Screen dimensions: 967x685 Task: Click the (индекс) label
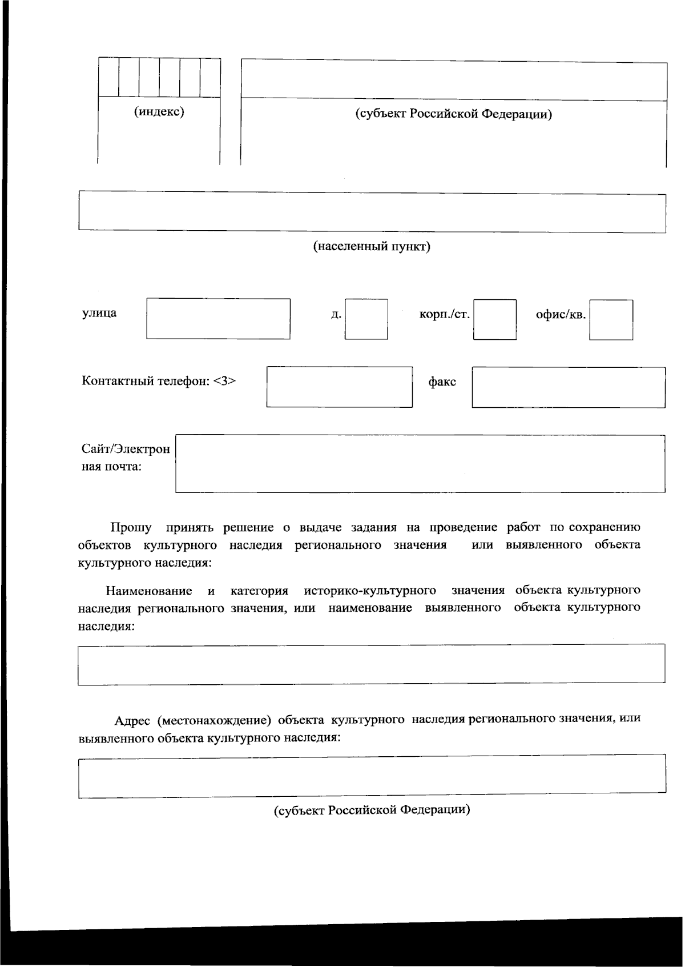point(159,111)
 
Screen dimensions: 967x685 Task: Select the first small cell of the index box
point(108,77)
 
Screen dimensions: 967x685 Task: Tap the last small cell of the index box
point(210,77)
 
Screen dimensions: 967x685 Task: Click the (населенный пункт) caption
point(372,247)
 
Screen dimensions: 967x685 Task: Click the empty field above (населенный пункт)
point(372,212)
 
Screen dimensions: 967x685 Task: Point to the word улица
point(99,312)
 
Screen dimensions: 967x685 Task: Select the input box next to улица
point(218,319)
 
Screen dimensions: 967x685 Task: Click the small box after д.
point(366,319)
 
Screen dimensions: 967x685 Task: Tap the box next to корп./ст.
point(494,319)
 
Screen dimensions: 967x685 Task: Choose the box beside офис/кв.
point(611,319)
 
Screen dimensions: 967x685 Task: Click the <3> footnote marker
point(224,381)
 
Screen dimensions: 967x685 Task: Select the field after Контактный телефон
point(339,387)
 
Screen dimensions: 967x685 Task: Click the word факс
point(442,382)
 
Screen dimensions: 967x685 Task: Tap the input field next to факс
point(568,387)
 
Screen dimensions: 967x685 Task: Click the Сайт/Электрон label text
point(126,449)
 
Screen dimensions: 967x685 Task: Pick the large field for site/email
point(420,463)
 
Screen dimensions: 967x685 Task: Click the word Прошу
point(131,527)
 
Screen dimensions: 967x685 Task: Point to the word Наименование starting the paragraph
point(148,590)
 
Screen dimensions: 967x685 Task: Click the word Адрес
point(132,720)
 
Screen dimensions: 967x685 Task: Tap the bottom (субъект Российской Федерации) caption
point(372,810)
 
